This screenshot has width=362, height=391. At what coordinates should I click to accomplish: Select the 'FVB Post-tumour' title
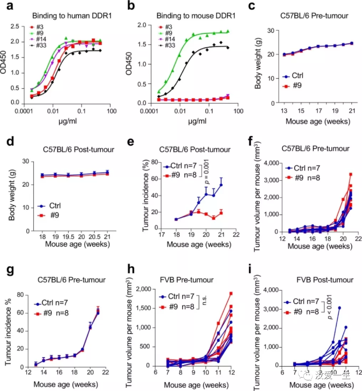314,280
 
